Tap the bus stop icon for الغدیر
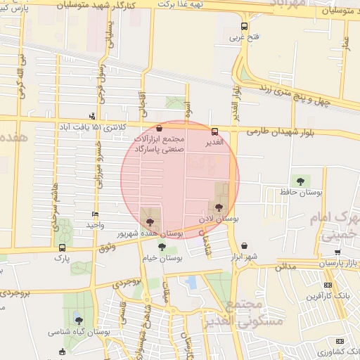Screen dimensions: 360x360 click(x=214, y=131)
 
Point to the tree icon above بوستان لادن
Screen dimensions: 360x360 click(x=219, y=207)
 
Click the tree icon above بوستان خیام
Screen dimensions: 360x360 click(x=162, y=247)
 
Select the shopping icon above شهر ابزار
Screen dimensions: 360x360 click(x=244, y=246)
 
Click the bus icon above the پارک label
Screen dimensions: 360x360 click(x=63, y=247)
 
